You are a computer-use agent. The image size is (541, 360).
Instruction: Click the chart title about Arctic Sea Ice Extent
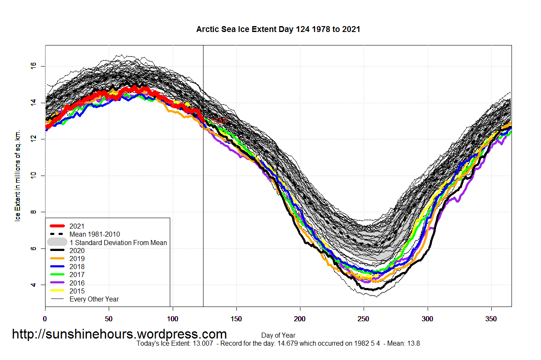coord(278,29)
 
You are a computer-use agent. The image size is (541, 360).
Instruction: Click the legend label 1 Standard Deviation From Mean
coord(118,243)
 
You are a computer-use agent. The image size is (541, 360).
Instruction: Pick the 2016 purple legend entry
coord(77,283)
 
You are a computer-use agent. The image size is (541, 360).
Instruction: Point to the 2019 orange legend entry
coord(77,259)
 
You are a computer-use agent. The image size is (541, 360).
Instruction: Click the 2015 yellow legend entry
coord(77,291)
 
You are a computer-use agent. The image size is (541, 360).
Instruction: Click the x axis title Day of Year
coord(278,336)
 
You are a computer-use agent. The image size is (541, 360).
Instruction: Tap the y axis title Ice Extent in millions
coord(18,176)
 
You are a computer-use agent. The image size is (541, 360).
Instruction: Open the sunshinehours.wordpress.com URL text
coord(119,334)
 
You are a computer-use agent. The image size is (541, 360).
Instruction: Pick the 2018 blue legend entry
coord(77,267)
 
